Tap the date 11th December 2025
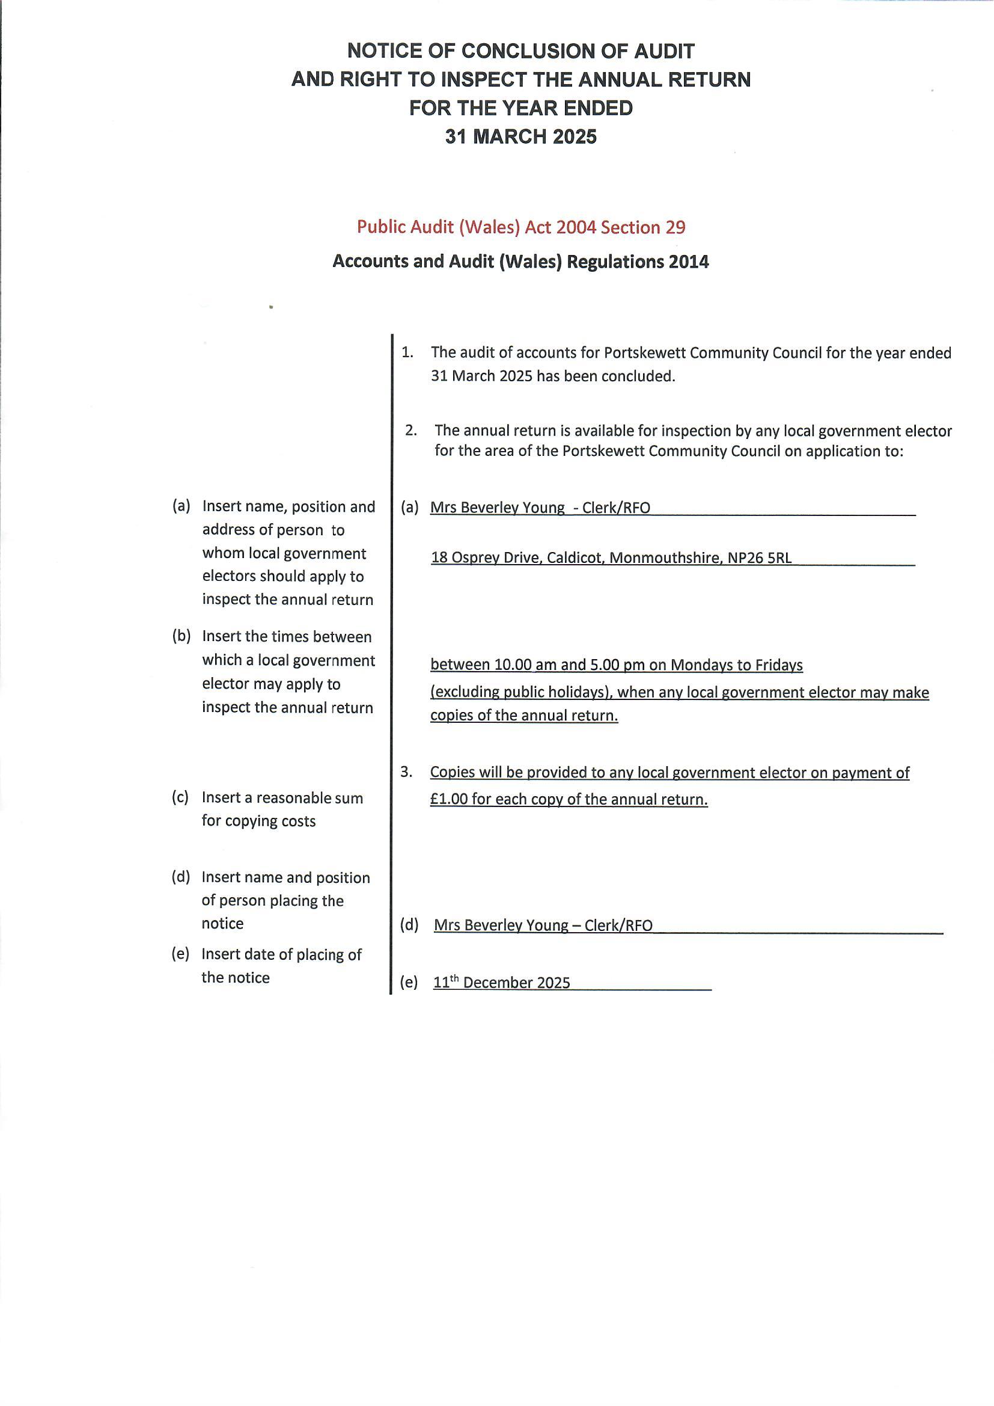click(x=501, y=983)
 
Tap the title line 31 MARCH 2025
click(x=520, y=137)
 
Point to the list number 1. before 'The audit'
click(x=407, y=353)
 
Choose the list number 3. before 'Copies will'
click(x=406, y=772)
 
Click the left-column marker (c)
click(x=180, y=797)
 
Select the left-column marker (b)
click(x=180, y=636)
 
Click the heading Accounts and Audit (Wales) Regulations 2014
click(x=520, y=262)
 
